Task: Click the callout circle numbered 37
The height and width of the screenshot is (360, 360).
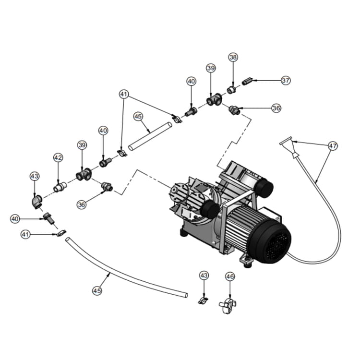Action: click(x=286, y=81)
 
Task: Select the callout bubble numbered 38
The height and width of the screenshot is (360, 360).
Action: click(x=233, y=57)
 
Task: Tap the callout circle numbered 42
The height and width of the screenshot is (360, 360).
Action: click(x=58, y=157)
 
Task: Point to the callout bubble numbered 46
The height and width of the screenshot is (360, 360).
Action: click(x=230, y=276)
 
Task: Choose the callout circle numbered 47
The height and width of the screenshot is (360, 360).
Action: click(x=333, y=145)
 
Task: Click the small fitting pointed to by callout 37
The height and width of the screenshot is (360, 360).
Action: click(x=247, y=81)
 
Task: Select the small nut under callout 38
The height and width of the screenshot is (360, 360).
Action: click(x=231, y=90)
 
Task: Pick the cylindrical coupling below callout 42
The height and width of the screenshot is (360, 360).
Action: click(x=60, y=187)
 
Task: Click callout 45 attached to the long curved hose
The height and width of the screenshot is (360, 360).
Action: click(x=97, y=290)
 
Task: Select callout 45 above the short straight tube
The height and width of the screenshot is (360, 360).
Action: click(x=138, y=117)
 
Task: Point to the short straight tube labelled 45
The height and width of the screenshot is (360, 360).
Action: click(x=150, y=136)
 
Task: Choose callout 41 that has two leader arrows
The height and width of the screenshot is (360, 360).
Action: click(x=124, y=95)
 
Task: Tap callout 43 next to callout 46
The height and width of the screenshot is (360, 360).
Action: click(x=204, y=276)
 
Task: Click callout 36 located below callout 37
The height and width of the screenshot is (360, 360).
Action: click(x=276, y=108)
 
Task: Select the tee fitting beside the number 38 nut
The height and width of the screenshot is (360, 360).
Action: click(x=213, y=100)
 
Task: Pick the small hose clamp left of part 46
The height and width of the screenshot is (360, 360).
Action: click(x=203, y=301)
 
